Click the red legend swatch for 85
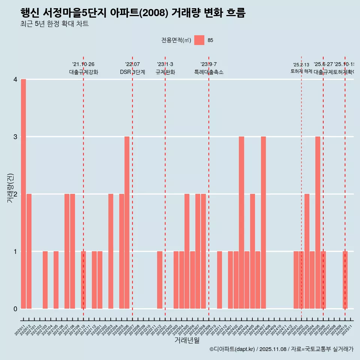pyautogui.click(x=199, y=40)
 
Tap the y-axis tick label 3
pyautogui.click(x=15, y=136)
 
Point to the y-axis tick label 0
pyautogui.click(x=15, y=309)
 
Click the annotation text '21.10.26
pyautogui.click(x=83, y=64)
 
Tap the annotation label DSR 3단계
pyautogui.click(x=132, y=72)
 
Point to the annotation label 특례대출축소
pyautogui.click(x=208, y=72)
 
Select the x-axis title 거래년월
pyautogui.click(x=187, y=340)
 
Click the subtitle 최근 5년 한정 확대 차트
pyautogui.click(x=55, y=24)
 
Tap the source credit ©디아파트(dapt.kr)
pyautogui.click(x=232, y=349)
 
